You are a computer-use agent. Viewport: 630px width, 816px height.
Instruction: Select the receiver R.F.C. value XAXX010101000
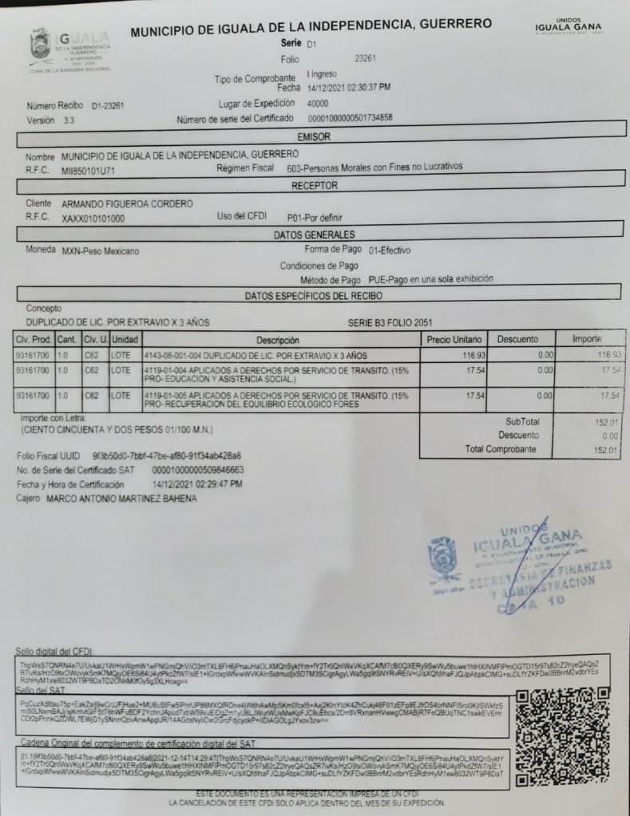[93, 218]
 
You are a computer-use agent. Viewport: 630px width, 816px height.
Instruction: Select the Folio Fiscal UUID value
[161, 455]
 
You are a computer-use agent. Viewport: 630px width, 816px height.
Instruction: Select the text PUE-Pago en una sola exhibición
[430, 280]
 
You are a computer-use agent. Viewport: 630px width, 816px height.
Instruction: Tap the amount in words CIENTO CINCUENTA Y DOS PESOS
[115, 431]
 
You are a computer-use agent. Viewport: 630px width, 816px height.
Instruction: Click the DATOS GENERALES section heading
[314, 235]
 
